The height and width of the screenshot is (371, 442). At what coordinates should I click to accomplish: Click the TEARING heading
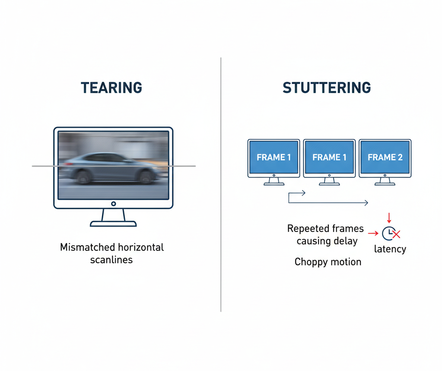pos(111,88)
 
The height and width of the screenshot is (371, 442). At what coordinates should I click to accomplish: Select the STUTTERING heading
pos(327,88)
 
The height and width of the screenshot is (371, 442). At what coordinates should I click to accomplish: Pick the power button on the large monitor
pos(113,203)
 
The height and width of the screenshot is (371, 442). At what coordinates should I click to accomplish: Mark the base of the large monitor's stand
pos(113,223)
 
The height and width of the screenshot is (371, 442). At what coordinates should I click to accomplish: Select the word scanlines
pos(111,260)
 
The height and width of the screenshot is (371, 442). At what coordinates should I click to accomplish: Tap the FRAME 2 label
pos(385,158)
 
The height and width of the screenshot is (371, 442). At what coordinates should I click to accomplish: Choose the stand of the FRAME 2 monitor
pos(385,181)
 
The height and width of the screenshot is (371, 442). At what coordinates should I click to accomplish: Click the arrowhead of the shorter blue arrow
pos(303,193)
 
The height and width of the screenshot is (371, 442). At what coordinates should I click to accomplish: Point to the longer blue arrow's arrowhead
pos(366,203)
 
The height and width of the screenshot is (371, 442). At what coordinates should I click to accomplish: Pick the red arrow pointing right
pos(372,233)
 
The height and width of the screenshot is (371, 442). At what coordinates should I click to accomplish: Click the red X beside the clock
pos(397,235)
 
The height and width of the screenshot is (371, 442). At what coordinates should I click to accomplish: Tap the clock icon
pos(388,233)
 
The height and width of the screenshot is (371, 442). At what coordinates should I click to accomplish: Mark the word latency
pos(390,249)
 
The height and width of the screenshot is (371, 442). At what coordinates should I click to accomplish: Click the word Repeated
pos(308,228)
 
